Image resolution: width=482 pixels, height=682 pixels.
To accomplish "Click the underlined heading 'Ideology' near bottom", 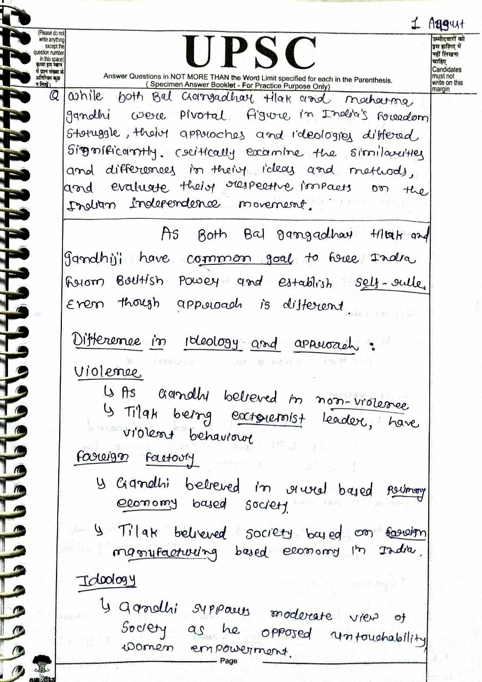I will click(107, 580).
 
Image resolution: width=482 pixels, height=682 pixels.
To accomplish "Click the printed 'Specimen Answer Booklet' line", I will click(239, 86).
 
